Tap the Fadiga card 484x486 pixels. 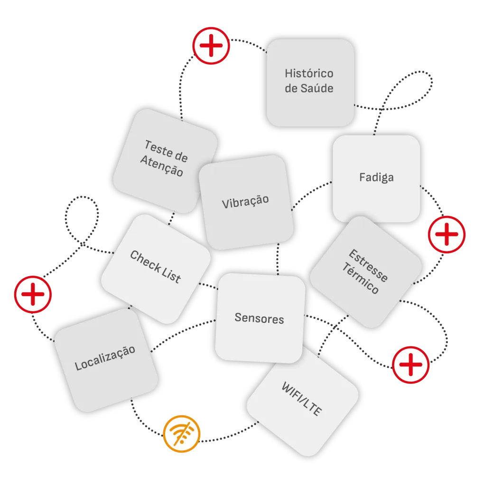pos(376,178)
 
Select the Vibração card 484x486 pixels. pos(245,202)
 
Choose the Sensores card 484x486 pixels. pos(259,318)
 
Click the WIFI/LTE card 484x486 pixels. pos(302,399)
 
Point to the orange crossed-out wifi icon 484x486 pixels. pos(182,434)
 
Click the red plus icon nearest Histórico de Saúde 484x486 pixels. pos(211,46)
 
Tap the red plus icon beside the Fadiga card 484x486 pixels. pos(447,234)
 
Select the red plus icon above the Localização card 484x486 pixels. pos(33,295)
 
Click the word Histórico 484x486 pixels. pos(309,74)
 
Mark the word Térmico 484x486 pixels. pos(360,280)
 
